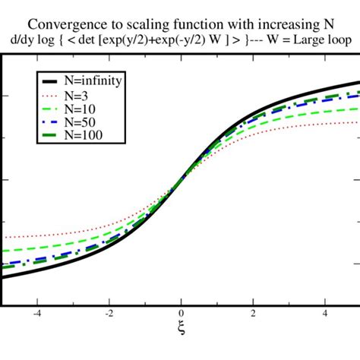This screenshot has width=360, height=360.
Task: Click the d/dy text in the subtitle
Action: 20,39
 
